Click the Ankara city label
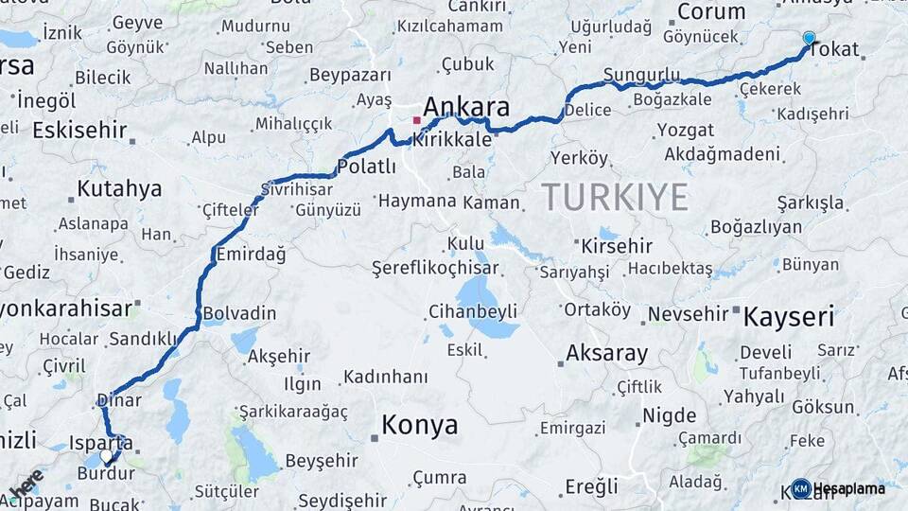[x=466, y=106]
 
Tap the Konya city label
[x=419, y=425]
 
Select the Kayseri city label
[x=788, y=316]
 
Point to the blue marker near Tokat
[x=809, y=38]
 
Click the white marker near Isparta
[x=107, y=456]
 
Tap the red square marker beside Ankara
[x=416, y=120]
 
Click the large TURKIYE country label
[x=615, y=197]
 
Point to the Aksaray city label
[x=606, y=354]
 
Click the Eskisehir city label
[x=79, y=130]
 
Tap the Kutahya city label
[x=119, y=188]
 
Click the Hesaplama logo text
[x=849, y=488]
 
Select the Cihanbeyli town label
[x=472, y=310]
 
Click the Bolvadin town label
[x=239, y=313]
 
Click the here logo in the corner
[x=26, y=485]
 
